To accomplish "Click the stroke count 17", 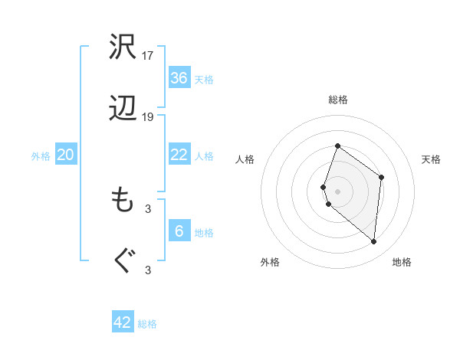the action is [149, 55].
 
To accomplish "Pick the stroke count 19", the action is [149, 117].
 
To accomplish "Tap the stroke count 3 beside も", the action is [149, 208].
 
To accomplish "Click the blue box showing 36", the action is [179, 78].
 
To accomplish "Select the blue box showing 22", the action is [179, 155].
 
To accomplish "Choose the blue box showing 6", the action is [179, 231].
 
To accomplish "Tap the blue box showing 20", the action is [66, 155].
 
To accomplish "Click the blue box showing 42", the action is [123, 322].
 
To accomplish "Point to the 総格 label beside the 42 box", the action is [147, 324].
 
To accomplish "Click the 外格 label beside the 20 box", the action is [41, 156].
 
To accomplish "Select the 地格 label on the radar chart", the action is [402, 262].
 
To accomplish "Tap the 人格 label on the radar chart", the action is [245, 159].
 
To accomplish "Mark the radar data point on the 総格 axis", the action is [337, 146].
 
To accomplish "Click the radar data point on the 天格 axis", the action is [381, 177].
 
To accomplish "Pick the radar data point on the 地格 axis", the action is [373, 241].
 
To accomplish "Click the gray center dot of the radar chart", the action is [337, 191].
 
